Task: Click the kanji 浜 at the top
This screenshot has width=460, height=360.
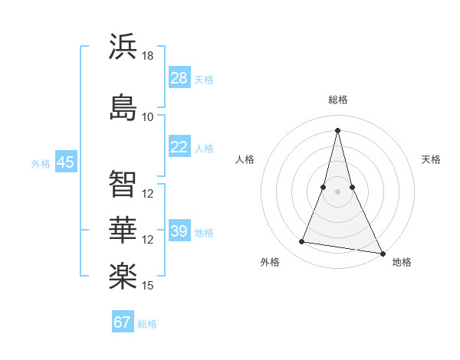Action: [123, 47]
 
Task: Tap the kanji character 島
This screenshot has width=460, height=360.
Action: [123, 106]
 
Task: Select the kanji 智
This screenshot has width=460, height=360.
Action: [123, 184]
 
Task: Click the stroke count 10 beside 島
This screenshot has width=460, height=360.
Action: [148, 116]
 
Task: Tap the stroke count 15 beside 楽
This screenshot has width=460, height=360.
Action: [148, 286]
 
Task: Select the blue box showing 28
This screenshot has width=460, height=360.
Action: [179, 78]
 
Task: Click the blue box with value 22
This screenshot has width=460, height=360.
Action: [179, 148]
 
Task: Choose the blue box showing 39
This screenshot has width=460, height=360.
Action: [179, 231]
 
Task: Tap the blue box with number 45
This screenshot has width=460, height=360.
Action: [65, 162]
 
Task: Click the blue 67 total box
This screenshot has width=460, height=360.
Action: [123, 322]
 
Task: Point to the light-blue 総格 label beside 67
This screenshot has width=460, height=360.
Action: [147, 324]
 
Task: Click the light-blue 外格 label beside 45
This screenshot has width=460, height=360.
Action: [41, 163]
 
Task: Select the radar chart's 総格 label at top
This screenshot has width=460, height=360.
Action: [337, 100]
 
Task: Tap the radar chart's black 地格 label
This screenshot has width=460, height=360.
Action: [402, 262]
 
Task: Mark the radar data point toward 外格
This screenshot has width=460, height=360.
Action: [301, 242]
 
